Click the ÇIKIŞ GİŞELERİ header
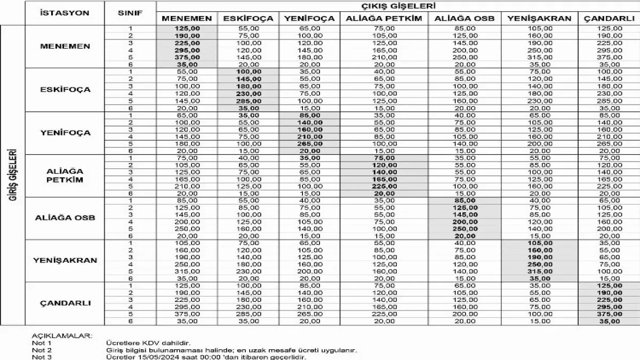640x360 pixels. [x=397, y=6]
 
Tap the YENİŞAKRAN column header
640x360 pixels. [x=539, y=19]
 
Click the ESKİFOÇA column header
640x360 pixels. [x=248, y=19]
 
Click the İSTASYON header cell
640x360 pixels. [x=65, y=12]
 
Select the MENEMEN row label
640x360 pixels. [x=65, y=46]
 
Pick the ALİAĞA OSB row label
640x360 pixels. [x=65, y=218]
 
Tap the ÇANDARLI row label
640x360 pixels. [x=65, y=303]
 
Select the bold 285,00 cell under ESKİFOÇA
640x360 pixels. [x=248, y=100]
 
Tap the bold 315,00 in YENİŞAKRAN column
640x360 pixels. [x=539, y=271]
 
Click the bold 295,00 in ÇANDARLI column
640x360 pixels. [x=610, y=307]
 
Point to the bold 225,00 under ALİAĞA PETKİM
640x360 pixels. [x=384, y=186]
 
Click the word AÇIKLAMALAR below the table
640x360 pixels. [x=62, y=336]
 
